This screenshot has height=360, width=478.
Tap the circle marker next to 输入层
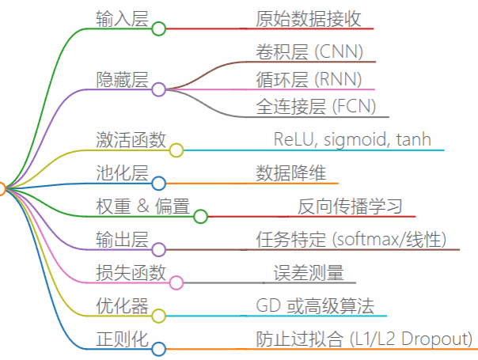coord(158,29)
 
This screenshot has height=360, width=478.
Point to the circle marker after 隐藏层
coord(158,89)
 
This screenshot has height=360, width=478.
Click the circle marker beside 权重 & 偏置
coord(200,216)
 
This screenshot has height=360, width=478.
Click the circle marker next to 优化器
coord(158,316)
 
